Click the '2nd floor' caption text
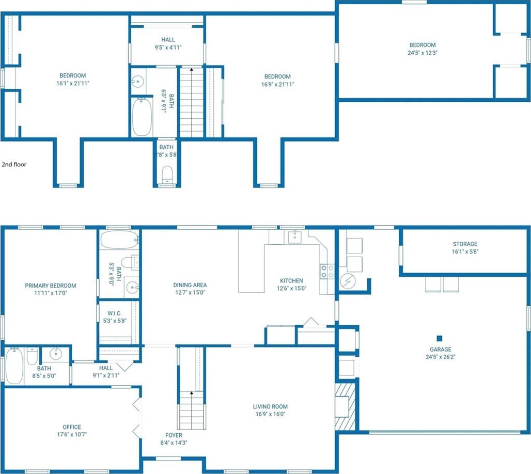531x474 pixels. point(14,165)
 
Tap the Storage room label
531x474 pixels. point(465,244)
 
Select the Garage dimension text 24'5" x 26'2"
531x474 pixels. point(440,357)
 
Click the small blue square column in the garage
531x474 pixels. point(440,338)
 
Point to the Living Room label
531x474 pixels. point(270,407)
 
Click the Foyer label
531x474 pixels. point(174,435)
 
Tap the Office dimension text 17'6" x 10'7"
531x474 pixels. point(72,435)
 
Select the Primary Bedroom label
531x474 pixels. point(51,286)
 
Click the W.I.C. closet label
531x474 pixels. point(115,313)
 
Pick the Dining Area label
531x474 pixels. point(190,285)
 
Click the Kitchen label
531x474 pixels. point(291,281)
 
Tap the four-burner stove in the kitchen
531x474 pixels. point(327,272)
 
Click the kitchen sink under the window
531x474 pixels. point(294,236)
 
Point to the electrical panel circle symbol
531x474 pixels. point(348,281)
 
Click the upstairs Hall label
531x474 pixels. point(168,40)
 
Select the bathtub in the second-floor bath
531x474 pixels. point(142,117)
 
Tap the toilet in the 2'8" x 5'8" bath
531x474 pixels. point(167,175)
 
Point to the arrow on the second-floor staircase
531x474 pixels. point(192,70)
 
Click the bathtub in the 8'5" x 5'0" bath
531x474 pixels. point(14,366)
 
